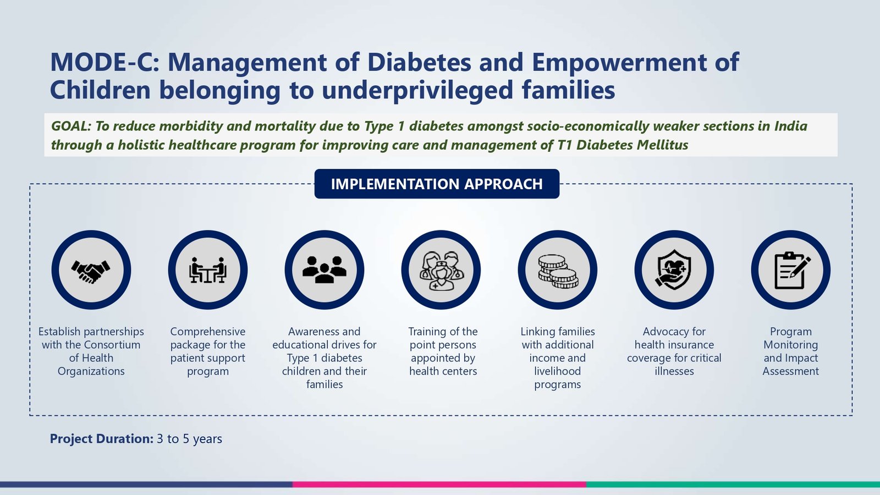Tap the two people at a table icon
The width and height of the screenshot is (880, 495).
click(208, 270)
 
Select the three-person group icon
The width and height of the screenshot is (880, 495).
click(324, 269)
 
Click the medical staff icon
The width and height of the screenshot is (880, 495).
click(441, 271)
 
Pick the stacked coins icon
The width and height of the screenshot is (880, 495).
click(558, 272)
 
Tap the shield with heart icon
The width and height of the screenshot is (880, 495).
click(674, 270)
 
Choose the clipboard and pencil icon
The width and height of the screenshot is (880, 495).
click(791, 270)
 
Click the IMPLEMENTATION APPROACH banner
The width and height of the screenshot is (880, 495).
click(437, 184)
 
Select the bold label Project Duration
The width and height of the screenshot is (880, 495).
click(101, 439)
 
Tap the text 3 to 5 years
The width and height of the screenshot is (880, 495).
click(189, 439)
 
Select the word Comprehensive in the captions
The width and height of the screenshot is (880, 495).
click(208, 332)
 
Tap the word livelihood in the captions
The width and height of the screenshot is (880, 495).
click(558, 371)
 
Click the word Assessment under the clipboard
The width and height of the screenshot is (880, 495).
click(791, 371)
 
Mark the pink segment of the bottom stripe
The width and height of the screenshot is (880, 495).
click(439, 485)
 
